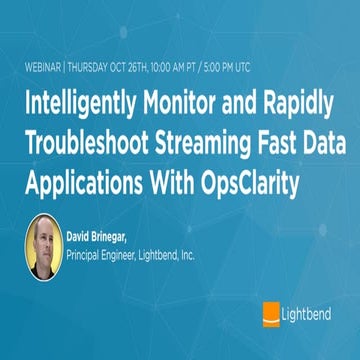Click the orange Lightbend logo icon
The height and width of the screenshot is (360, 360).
pyautogui.click(x=269, y=313)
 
